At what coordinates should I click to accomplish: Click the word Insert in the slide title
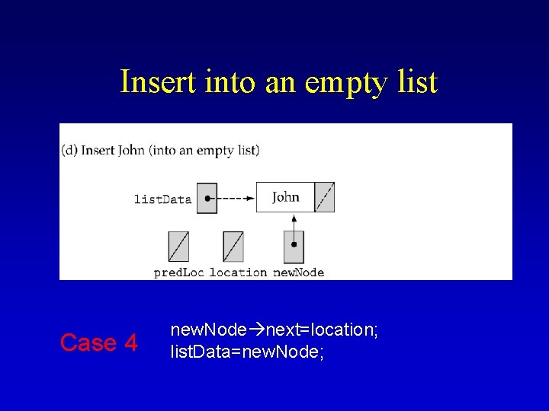point(157,82)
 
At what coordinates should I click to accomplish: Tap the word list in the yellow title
point(417,82)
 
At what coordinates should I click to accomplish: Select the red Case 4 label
point(98,343)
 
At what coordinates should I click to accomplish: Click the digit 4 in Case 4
point(130,343)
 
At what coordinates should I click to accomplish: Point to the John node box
point(286,197)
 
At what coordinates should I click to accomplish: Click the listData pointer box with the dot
point(207,198)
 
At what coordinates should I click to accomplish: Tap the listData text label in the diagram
point(162,199)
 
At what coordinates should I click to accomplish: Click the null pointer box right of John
point(324,197)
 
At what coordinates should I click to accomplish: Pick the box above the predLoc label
point(178,247)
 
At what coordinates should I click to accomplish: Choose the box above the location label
point(233,247)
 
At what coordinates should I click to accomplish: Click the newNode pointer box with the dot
point(294,246)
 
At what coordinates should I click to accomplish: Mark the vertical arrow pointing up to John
point(294,222)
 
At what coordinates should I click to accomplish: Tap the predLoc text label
point(178,272)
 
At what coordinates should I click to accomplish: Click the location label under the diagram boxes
point(238,272)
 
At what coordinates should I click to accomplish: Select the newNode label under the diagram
point(298,272)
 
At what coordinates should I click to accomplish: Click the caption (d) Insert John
point(160,150)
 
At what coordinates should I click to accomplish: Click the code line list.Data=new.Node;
point(248,352)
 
